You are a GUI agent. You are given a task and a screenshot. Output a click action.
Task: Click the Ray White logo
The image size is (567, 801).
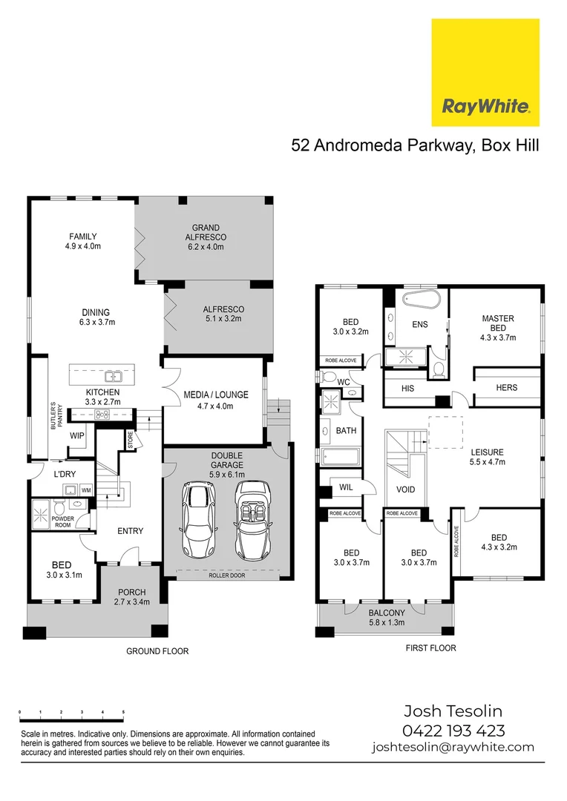(485, 73)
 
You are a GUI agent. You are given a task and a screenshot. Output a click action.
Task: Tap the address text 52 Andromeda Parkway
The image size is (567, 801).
(381, 145)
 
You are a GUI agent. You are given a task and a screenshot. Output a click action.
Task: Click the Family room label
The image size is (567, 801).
(82, 241)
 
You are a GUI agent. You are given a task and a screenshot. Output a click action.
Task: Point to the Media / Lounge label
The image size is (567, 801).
(215, 400)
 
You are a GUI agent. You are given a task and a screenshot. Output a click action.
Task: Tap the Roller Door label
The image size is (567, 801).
(228, 575)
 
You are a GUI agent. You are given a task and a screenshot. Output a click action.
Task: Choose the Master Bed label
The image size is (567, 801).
(497, 328)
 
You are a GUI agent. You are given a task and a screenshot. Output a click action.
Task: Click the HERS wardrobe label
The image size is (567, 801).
(507, 387)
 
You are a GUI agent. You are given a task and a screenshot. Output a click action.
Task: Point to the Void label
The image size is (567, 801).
(405, 489)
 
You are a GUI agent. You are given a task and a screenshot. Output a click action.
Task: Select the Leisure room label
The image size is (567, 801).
(487, 458)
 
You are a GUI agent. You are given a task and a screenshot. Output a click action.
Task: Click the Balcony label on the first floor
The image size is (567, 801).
(387, 618)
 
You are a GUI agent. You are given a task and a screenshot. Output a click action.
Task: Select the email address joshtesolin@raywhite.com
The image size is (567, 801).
(453, 748)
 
